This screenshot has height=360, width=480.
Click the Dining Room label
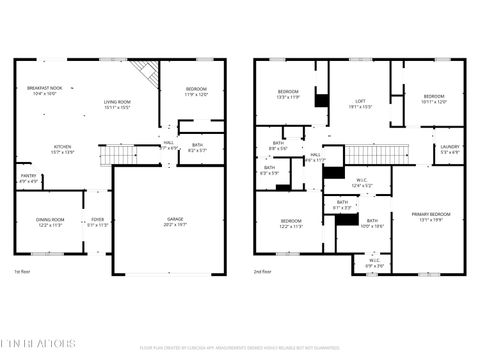[x=50, y=221]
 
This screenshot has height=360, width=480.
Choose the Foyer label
[x=98, y=221]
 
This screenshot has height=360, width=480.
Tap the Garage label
[x=175, y=221]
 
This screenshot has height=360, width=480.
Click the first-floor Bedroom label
[x=196, y=92]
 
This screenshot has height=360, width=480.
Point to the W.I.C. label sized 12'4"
[x=362, y=183]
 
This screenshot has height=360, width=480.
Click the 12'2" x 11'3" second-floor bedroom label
[x=291, y=222]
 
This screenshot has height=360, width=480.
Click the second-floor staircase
[x=378, y=154]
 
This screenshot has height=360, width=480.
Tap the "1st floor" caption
[x=22, y=272]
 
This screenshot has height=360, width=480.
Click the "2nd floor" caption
[x=265, y=272]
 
